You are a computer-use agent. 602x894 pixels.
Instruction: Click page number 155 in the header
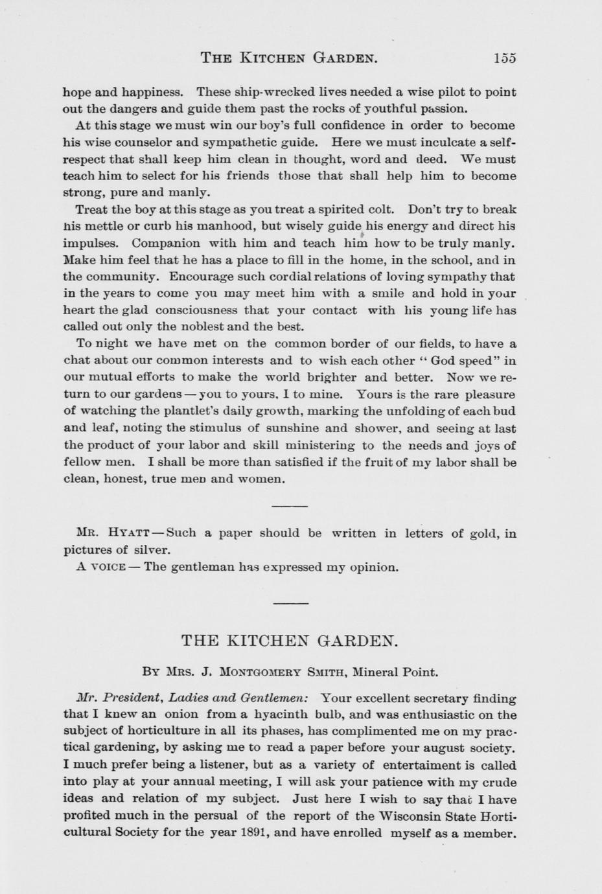pyautogui.click(x=504, y=58)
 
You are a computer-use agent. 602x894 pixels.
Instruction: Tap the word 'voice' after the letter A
pyautogui.click(x=108, y=567)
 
